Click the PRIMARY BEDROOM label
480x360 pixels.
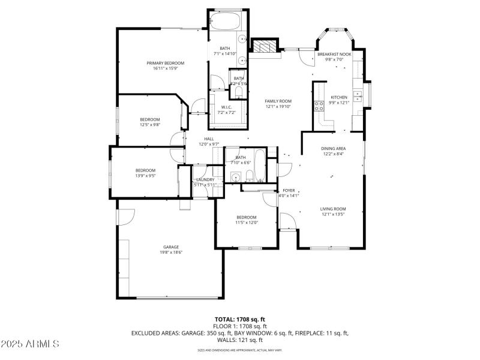click(166, 63)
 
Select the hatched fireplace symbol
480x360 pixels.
click(265, 46)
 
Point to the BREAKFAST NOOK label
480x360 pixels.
click(334, 54)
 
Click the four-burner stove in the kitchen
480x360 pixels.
click(317, 106)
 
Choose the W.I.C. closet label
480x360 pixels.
click(226, 107)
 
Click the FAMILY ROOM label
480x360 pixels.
click(278, 101)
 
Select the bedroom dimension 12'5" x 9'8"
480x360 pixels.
click(150, 125)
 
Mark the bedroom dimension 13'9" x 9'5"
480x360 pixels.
click(145, 176)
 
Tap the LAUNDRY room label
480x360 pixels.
click(205, 179)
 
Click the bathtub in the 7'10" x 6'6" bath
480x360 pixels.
click(260, 166)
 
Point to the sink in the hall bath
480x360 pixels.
click(235, 176)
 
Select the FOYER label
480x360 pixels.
click(289, 190)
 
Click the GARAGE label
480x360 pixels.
click(171, 247)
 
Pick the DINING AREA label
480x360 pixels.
click(334, 148)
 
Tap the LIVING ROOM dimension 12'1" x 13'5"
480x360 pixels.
click(334, 214)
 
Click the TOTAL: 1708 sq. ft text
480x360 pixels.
click(239, 319)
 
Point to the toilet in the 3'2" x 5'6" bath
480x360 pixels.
click(238, 91)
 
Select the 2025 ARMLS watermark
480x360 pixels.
click(30, 344)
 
